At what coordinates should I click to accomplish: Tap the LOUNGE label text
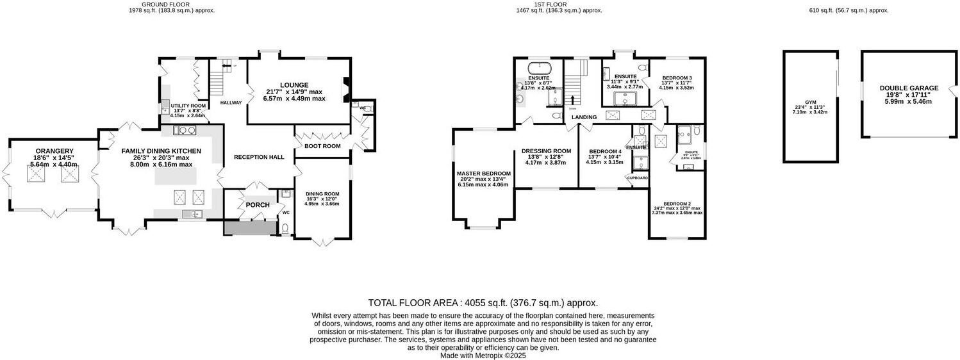click(x=294, y=85)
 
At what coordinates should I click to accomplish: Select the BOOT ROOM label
click(x=322, y=146)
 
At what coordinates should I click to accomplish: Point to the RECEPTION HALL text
click(x=258, y=157)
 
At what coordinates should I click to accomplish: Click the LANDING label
click(x=584, y=117)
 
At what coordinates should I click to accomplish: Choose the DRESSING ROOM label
click(x=546, y=151)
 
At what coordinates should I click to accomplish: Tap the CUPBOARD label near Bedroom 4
click(x=638, y=177)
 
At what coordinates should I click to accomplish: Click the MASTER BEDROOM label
click(x=483, y=174)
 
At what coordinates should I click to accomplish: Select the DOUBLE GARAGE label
click(x=908, y=88)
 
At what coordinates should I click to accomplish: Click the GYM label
click(x=810, y=102)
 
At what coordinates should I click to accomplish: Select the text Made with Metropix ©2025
click(x=483, y=356)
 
